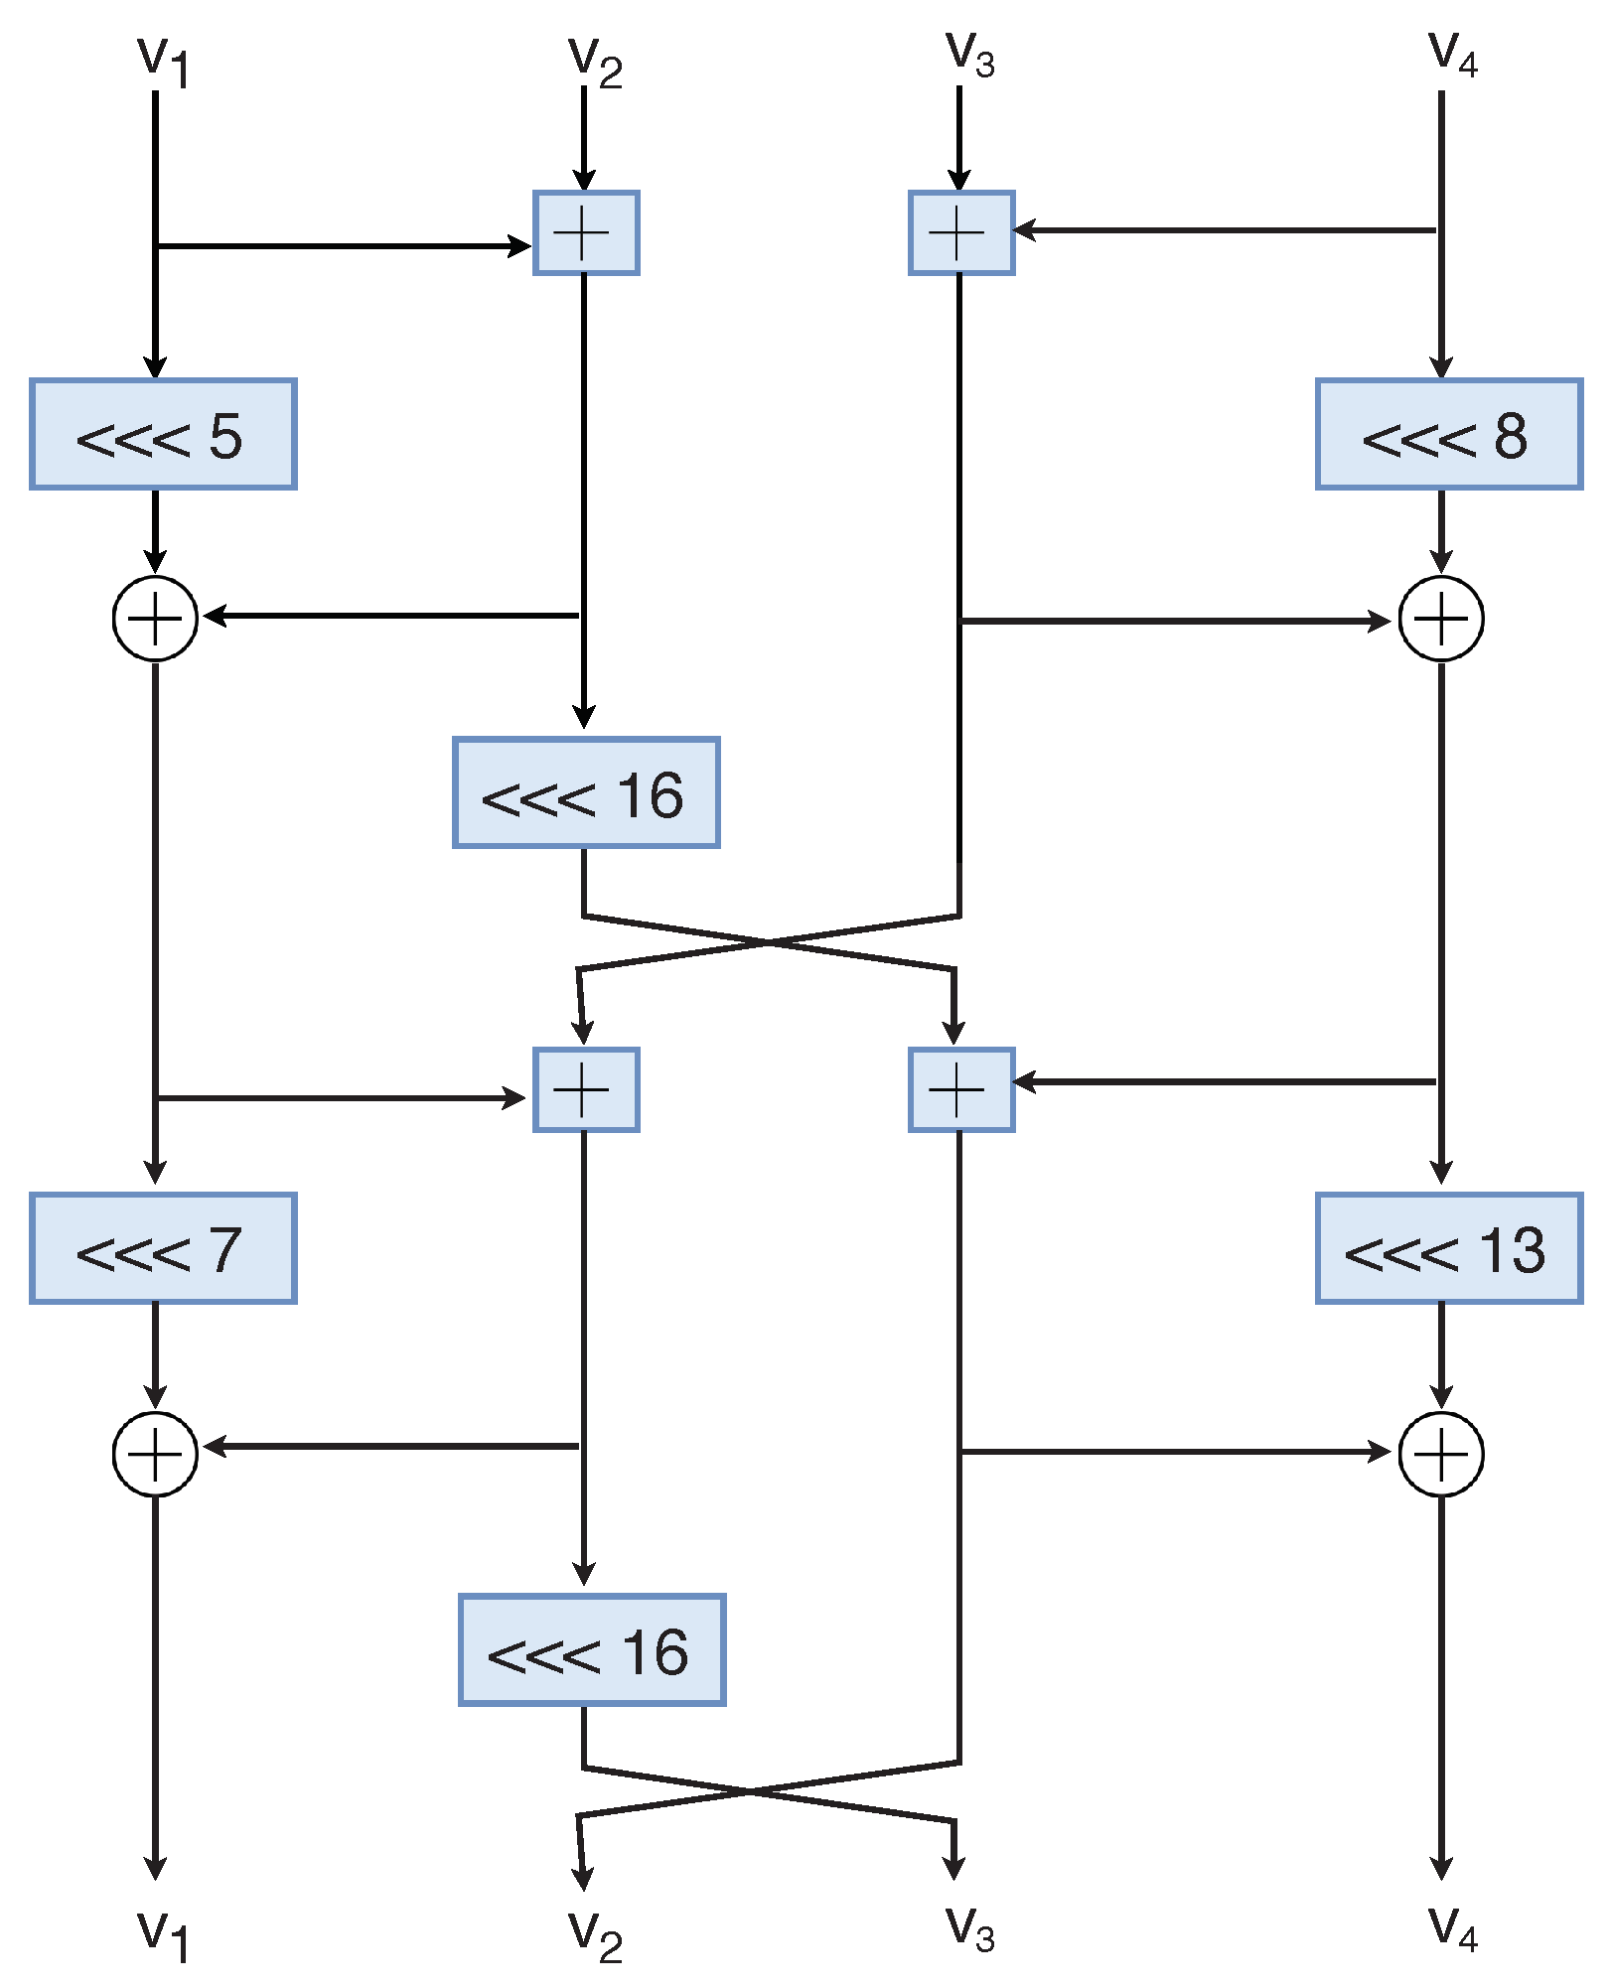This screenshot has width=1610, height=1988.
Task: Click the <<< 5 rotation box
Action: (163, 434)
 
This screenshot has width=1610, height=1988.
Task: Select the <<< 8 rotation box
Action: (1448, 434)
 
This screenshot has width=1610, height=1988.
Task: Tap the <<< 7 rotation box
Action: (163, 1248)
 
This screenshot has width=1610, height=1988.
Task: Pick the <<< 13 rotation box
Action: (1448, 1248)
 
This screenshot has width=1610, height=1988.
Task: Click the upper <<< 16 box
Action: (586, 792)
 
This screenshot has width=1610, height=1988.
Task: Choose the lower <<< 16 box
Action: (592, 1650)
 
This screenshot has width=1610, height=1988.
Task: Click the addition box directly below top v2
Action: (586, 232)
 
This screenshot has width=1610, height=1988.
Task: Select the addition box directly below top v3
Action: (960, 232)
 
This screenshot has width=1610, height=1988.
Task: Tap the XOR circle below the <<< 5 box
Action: (156, 619)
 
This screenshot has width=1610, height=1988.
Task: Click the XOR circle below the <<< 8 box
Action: (1441, 619)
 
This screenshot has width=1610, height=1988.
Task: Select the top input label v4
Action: (1452, 55)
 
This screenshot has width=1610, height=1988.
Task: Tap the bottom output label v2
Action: (595, 1935)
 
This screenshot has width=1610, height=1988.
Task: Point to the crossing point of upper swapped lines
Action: (769, 941)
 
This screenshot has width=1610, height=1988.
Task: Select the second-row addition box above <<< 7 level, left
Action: (586, 1089)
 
